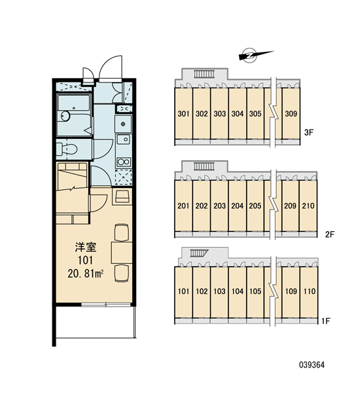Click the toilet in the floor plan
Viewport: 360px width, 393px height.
coord(67,149)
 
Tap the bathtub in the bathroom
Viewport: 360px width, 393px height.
coord(74,103)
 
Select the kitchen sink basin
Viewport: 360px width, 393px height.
coord(123,140)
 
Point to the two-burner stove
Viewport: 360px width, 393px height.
coord(124,162)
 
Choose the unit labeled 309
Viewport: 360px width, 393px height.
coord(291,113)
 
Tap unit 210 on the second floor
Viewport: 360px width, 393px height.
coord(308,206)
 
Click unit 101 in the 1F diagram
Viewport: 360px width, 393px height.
coord(184,291)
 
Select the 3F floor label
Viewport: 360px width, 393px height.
coord(309,132)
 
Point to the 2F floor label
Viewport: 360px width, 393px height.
coord(330,234)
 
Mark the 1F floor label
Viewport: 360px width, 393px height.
coord(326,321)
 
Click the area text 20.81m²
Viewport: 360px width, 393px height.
coord(86,274)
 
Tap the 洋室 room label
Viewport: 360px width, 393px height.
coord(86,248)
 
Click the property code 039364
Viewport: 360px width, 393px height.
coord(312,365)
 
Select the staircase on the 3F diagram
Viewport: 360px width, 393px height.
coord(204,74)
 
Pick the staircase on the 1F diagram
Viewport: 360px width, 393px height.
coord(199,253)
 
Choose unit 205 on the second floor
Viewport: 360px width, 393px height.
coord(255,206)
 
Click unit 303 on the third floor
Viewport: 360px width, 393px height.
coord(219,113)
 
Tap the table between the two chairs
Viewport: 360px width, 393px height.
coord(122,252)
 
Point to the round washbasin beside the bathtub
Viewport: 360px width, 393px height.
coord(65,116)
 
